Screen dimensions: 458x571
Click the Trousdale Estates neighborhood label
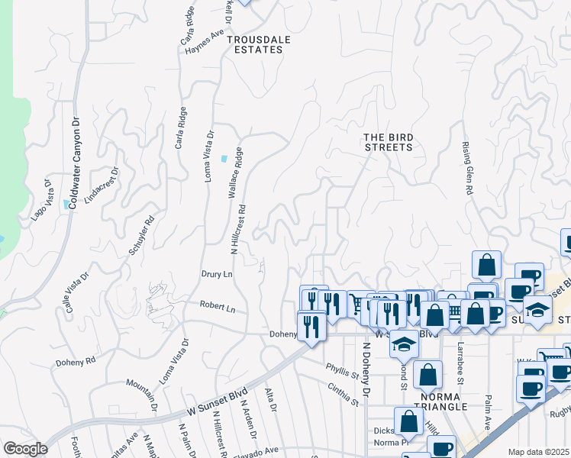[255, 44]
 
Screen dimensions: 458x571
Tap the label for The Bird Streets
[388, 142]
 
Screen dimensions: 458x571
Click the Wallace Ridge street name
[235, 173]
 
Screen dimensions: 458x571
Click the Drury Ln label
[217, 273]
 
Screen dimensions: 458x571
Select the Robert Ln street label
[218, 307]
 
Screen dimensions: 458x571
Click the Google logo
[25, 449]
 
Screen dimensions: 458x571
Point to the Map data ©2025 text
[539, 452]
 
